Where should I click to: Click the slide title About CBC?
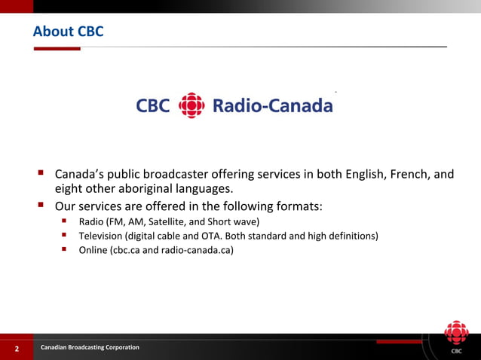coord(68,32)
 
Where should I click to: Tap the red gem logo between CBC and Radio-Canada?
coord(191,106)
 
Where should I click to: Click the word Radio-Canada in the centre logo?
coord(273,106)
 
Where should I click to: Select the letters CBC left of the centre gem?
coord(153,106)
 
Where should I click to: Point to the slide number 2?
coord(16,349)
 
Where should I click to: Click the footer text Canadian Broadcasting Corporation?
coord(90,347)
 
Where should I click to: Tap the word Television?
coord(104,236)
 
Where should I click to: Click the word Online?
coord(93,251)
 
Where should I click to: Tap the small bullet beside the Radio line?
coord(66,221)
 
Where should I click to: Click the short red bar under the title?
coord(57,48)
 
